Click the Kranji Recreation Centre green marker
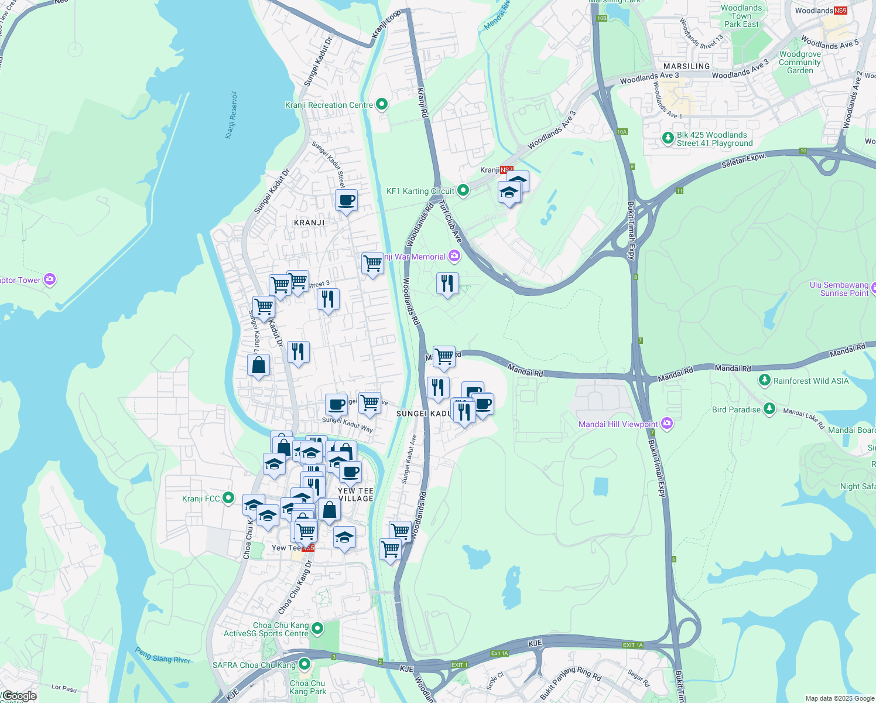pos(382,105)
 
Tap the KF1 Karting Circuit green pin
pos(463,190)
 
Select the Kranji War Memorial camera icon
pos(454,256)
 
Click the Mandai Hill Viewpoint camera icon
pos(666,424)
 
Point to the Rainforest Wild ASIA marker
pos(764,380)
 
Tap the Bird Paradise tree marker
pos(769,409)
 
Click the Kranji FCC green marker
pos(228,499)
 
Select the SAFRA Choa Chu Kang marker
pos(304,664)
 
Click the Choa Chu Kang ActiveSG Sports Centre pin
pos(317,629)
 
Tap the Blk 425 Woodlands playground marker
pos(668,138)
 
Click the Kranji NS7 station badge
pos(507,170)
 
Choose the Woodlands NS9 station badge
pos(840,11)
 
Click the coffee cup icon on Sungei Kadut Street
pos(346,200)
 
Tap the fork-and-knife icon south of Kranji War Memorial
pos(447,284)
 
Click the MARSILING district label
pos(686,66)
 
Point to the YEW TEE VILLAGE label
pos(355,494)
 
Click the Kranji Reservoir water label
pos(231,115)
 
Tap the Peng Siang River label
pos(163,655)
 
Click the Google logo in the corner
pos(19,696)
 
